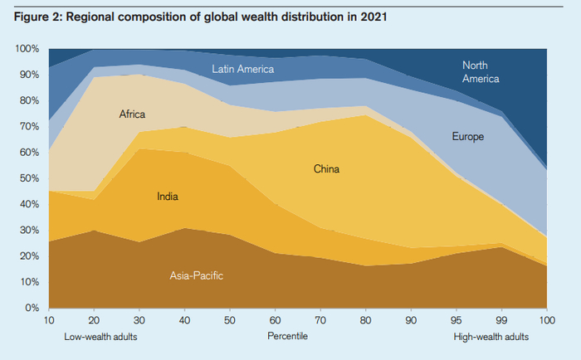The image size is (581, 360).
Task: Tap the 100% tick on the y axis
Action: pyautogui.click(x=27, y=49)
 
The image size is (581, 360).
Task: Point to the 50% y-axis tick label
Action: pyautogui.click(x=29, y=178)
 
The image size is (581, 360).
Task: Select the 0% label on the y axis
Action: pyautogui.click(x=32, y=308)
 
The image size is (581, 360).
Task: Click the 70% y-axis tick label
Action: pyautogui.click(x=29, y=127)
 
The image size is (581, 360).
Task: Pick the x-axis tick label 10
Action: pyautogui.click(x=49, y=319)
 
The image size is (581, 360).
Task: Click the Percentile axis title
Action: pyautogui.click(x=287, y=337)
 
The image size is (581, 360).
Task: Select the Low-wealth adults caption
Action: pyautogui.click(x=100, y=337)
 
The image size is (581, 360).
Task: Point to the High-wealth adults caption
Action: pyautogui.click(x=491, y=337)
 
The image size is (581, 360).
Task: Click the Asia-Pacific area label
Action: pyautogui.click(x=198, y=275)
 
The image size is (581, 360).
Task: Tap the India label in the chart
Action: pyautogui.click(x=168, y=197)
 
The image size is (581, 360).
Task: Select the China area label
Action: pyautogui.click(x=327, y=169)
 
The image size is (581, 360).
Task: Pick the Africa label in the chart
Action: pyautogui.click(x=132, y=114)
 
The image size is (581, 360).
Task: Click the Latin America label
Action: pyautogui.click(x=243, y=69)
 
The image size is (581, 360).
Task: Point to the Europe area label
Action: pyautogui.click(x=468, y=136)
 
